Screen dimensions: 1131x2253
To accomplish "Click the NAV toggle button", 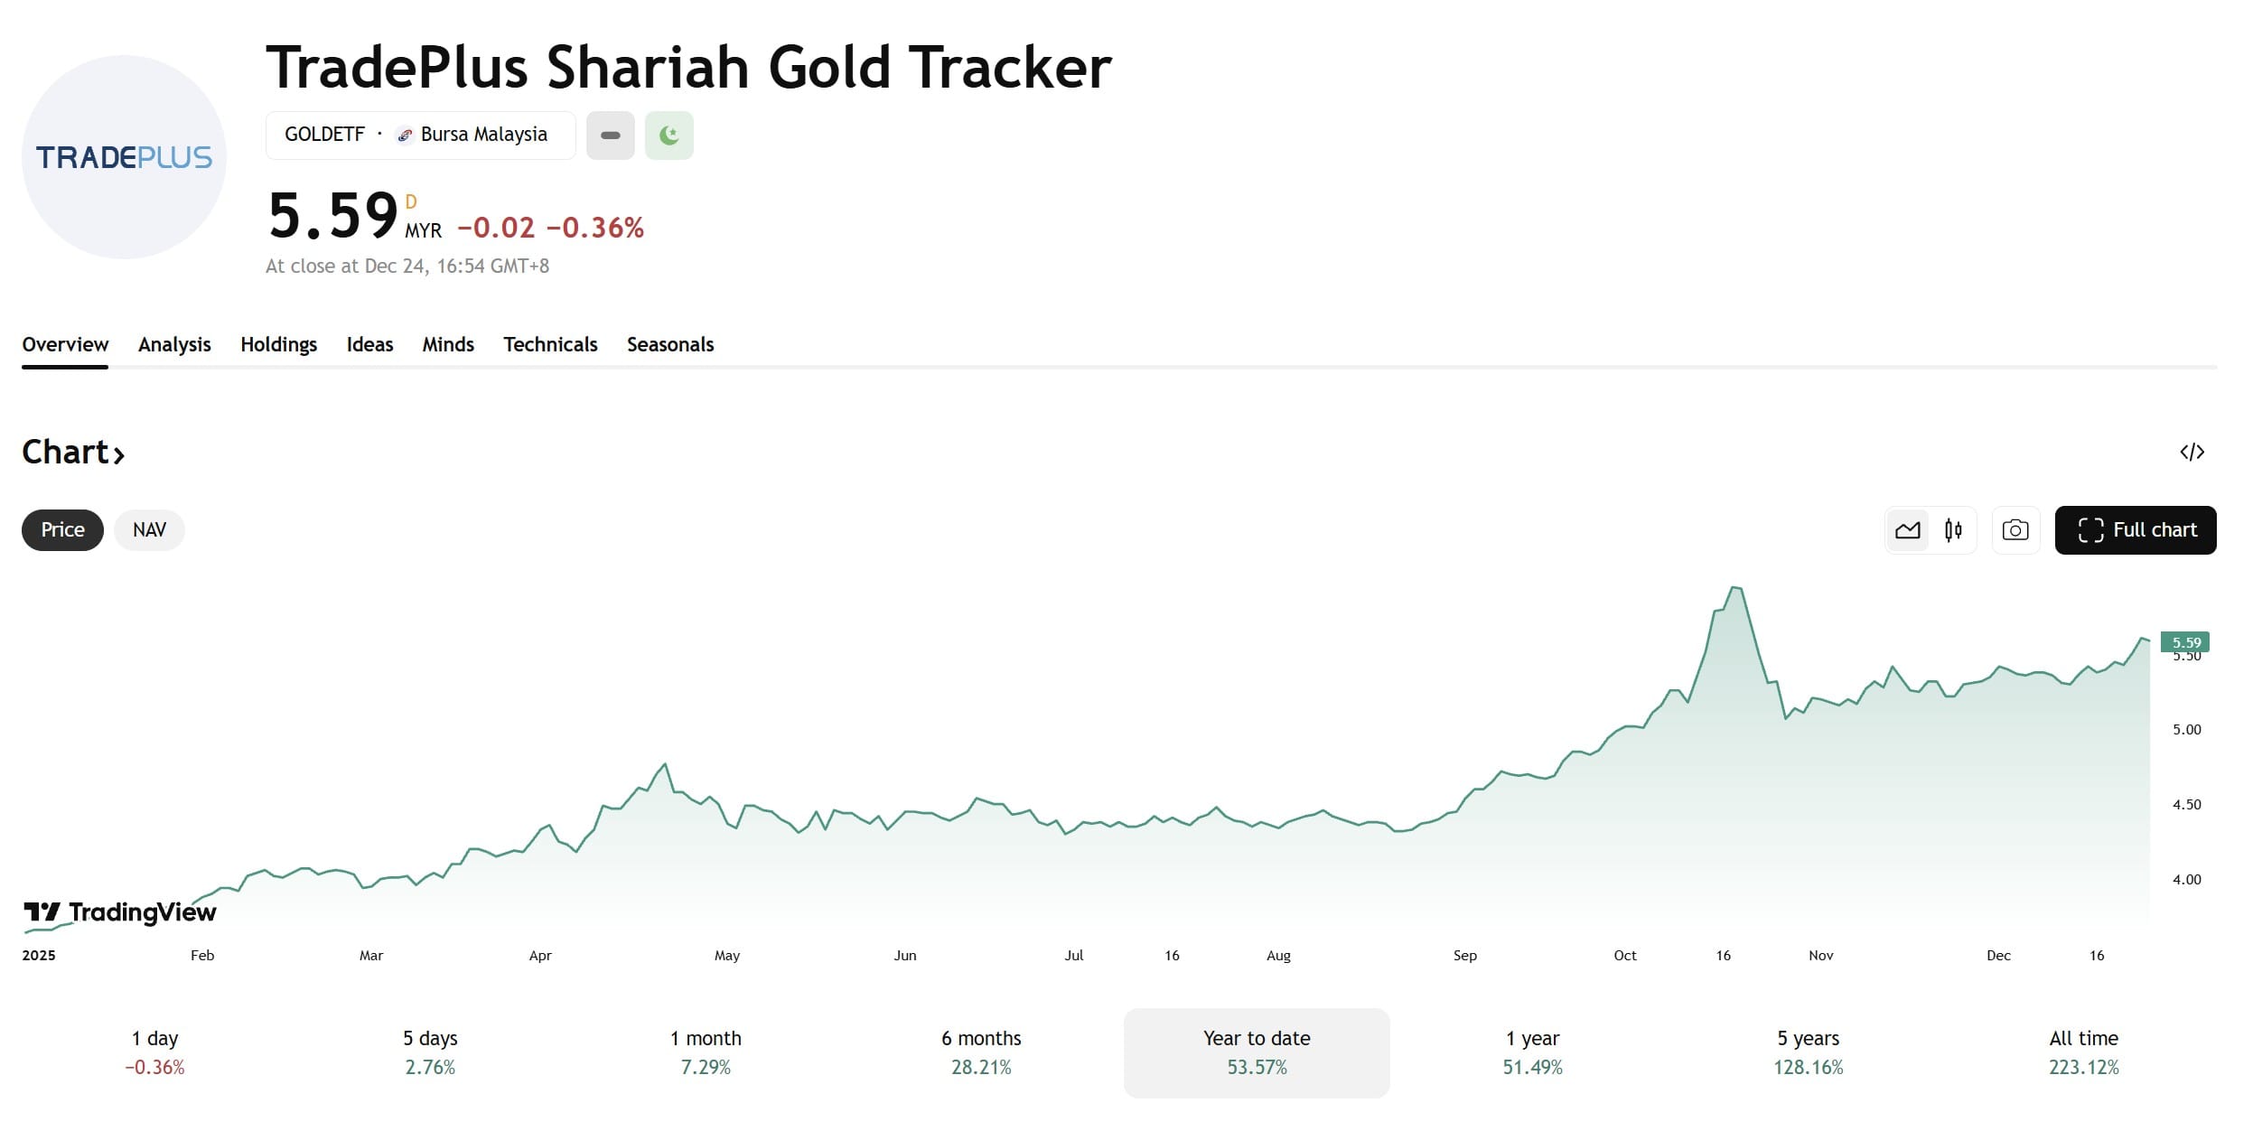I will click(x=149, y=530).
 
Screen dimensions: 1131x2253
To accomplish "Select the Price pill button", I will click(x=62, y=530).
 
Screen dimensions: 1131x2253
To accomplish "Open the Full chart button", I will click(x=2135, y=530).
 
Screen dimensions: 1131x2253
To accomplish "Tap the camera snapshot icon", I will click(x=2015, y=530).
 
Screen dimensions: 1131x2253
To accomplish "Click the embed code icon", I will click(x=2192, y=452).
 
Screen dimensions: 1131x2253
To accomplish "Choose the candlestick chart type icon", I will click(x=1953, y=530).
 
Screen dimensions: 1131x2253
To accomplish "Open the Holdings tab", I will click(x=278, y=344).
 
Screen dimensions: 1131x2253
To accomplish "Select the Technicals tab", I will click(x=550, y=344).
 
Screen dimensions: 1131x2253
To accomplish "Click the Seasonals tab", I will click(x=670, y=344).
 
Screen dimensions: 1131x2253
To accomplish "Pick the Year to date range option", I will click(x=1257, y=1052).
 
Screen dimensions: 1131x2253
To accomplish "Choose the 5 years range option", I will click(x=1808, y=1052).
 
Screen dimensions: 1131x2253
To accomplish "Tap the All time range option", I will click(x=2083, y=1052).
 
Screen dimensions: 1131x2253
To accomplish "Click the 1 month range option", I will click(x=706, y=1052).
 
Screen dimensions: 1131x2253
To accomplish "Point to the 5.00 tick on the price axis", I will click(x=2186, y=730).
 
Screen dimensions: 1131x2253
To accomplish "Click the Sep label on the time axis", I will click(x=1464, y=956).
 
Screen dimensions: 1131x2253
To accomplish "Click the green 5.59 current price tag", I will click(x=2185, y=642).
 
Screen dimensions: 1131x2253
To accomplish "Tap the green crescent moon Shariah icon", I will click(x=669, y=136).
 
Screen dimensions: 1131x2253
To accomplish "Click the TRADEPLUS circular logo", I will click(x=124, y=157).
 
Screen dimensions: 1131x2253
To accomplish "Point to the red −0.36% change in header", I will click(x=595, y=228).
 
